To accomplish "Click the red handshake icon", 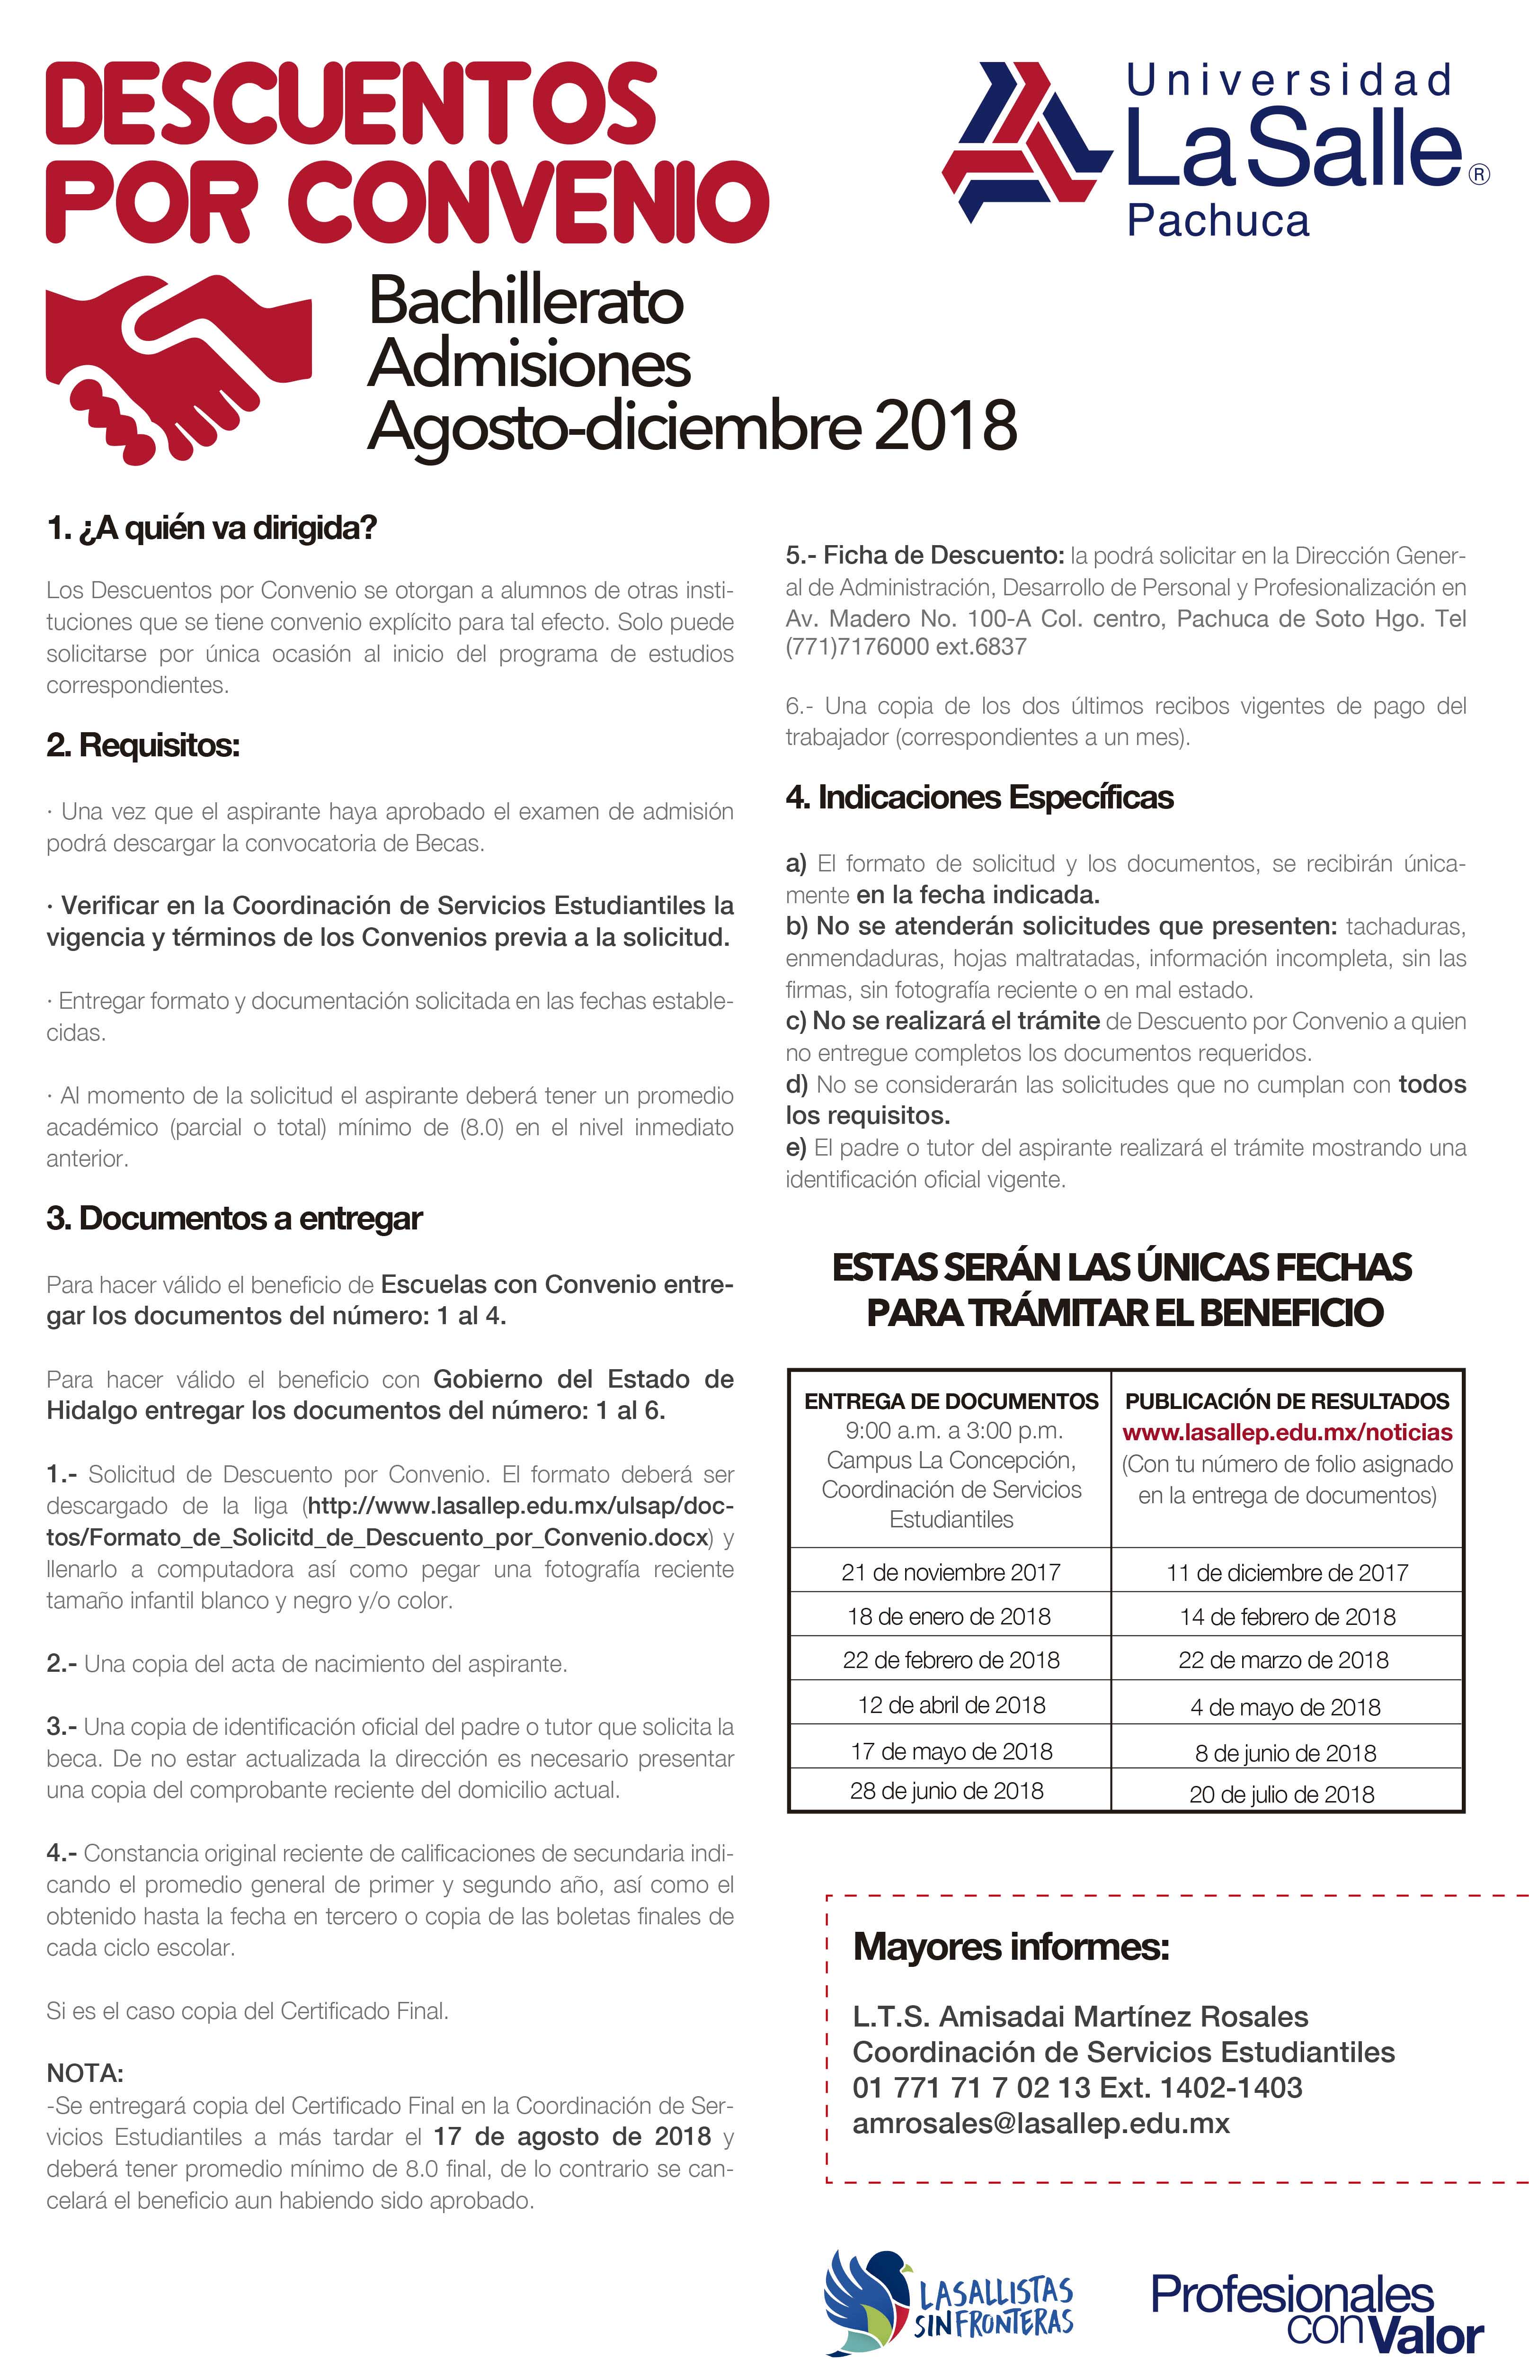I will point(178,367).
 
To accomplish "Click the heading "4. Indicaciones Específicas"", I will point(979,797).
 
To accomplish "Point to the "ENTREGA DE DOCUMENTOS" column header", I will point(950,1400).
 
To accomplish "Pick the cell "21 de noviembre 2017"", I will point(950,1572).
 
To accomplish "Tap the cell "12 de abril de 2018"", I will point(950,1705).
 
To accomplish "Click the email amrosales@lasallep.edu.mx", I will point(1040,2123).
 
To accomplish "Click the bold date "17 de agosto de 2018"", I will point(572,2136).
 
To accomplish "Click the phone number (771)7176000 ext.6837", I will point(906,647).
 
